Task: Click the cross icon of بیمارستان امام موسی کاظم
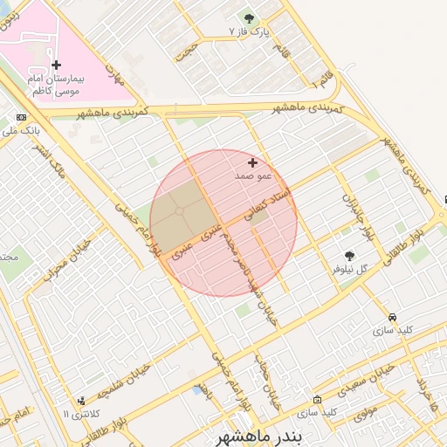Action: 57,65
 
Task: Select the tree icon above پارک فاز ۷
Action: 249,18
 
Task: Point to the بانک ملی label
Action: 24,131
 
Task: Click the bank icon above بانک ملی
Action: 21,117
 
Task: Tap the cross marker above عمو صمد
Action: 253,162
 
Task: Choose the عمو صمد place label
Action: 254,175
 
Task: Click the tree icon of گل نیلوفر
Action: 349,256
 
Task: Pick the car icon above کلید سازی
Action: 392,317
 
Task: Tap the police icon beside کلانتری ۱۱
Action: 81,400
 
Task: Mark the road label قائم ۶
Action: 321,79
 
